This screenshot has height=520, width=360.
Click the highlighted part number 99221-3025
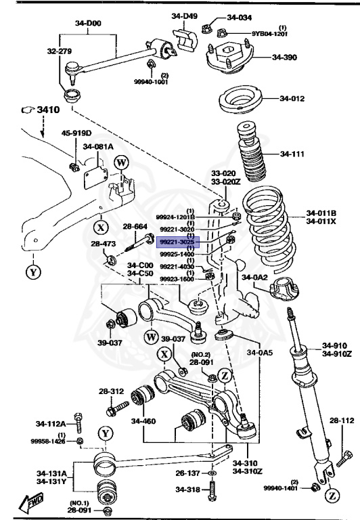pos(177,241)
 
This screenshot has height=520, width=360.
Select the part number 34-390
pos(284,58)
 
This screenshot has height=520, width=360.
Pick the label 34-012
pos(293,99)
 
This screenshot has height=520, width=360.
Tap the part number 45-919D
pos(76,133)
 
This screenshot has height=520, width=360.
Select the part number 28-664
pos(135,226)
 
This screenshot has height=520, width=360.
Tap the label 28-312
pos(112,391)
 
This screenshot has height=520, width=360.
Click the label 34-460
pos(143,421)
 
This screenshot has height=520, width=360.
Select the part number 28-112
pos(342,420)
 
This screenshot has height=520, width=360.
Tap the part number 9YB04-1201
pos(271,33)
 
